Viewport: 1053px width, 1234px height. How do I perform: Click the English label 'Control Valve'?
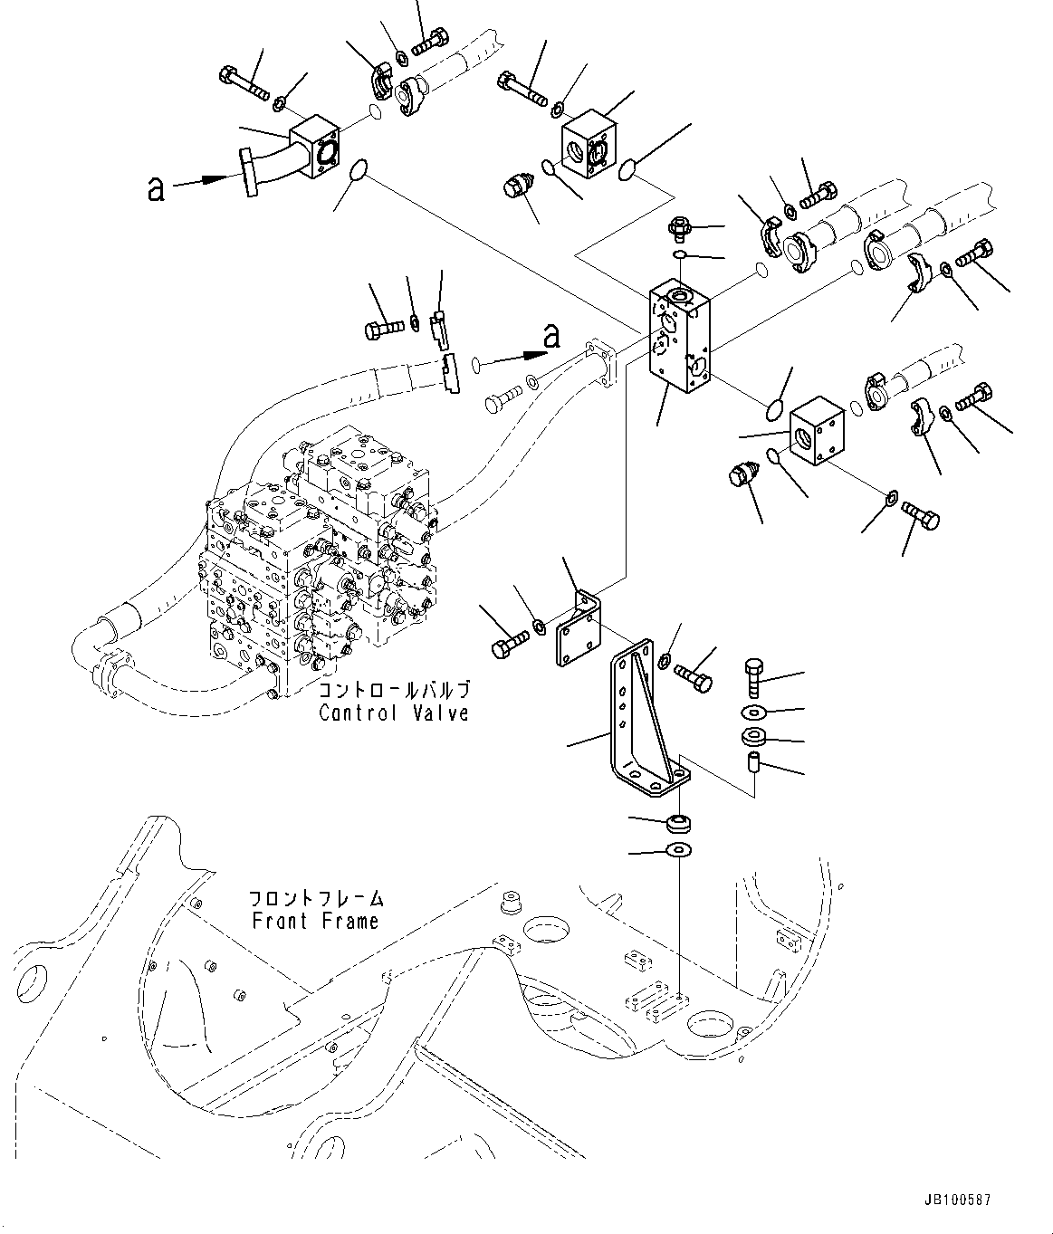(393, 713)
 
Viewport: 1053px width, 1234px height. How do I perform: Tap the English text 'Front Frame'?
(314, 922)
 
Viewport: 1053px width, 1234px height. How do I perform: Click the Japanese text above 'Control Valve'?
(394, 691)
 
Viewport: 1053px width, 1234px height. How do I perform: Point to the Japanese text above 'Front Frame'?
(316, 900)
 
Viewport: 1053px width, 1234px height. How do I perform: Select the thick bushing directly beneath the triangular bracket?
(679, 823)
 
